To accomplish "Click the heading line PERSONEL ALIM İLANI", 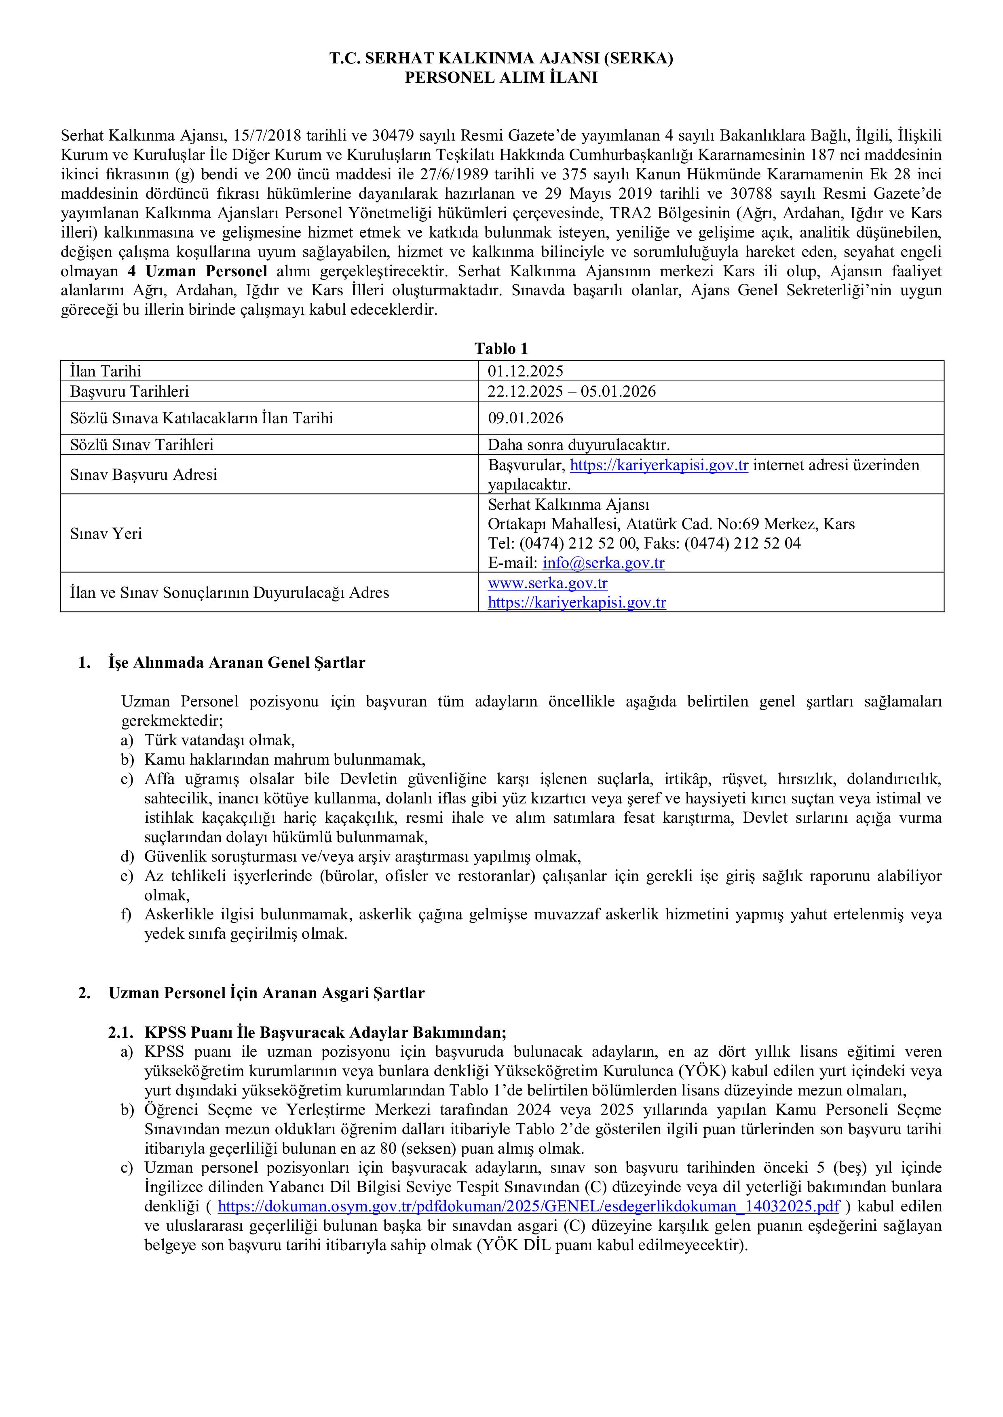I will [x=501, y=78].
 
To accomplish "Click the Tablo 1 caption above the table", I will [x=501, y=349].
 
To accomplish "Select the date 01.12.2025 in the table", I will [x=526, y=371].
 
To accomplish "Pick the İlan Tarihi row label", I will [x=106, y=371].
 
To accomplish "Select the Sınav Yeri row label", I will [x=106, y=533].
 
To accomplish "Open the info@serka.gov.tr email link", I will [x=604, y=563].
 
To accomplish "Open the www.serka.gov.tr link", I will [x=548, y=582].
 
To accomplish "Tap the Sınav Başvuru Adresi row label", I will [x=144, y=475].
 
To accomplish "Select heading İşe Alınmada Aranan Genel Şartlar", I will [x=236, y=663].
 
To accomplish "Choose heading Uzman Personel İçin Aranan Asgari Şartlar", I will [x=267, y=993].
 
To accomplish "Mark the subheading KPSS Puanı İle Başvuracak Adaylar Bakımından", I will [x=325, y=1032].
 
